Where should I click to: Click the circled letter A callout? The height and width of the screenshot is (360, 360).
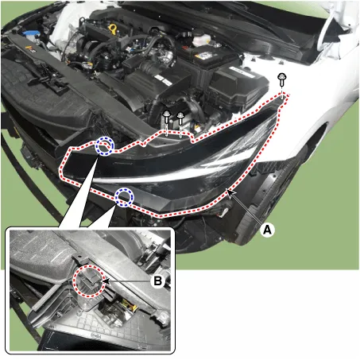[267, 230]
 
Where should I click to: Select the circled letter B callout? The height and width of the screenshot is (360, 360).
[158, 281]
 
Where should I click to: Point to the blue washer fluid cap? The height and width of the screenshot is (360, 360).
[30, 33]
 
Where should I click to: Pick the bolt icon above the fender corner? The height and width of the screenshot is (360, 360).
[281, 79]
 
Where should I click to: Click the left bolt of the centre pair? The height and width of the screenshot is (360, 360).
[167, 118]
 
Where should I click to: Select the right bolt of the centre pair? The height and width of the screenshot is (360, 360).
[180, 118]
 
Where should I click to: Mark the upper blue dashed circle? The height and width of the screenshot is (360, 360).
[104, 145]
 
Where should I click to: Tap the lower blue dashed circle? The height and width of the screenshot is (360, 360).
[125, 198]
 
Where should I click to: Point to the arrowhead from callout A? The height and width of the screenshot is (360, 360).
[230, 192]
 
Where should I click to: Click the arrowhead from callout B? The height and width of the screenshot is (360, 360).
[105, 281]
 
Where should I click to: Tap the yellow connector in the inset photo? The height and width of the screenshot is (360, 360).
[128, 305]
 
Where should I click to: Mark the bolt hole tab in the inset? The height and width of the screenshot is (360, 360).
[78, 258]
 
